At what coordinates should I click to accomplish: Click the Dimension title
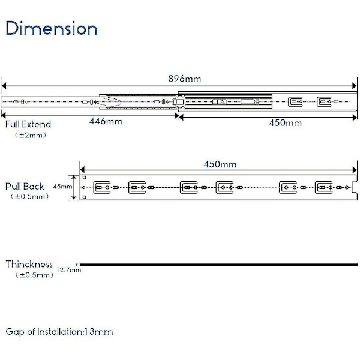52,28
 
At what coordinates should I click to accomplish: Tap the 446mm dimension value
106,122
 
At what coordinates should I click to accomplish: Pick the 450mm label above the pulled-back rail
220,164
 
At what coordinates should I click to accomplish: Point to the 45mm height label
62,187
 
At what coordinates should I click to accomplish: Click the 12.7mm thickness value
68,271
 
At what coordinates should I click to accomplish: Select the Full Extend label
28,124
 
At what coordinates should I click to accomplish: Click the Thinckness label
29,264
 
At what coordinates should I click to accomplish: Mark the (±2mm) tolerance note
31,136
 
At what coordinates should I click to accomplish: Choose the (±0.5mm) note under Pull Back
29,197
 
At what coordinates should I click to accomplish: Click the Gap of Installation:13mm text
59,332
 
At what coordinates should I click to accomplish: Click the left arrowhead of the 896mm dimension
3,85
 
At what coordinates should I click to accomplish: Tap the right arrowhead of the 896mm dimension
356,85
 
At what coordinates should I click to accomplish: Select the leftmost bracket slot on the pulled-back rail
103,188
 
